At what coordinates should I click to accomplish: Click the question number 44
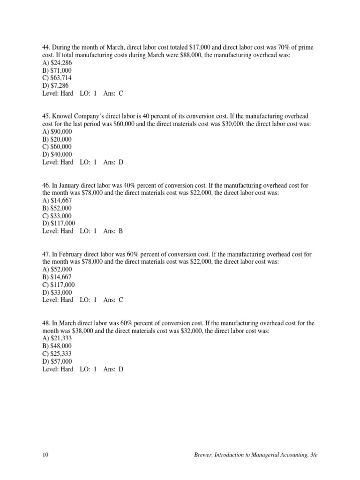tap(45, 47)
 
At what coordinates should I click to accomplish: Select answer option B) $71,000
tap(57, 70)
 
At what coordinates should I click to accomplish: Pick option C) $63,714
tap(57, 78)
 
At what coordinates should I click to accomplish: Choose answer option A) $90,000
tap(57, 132)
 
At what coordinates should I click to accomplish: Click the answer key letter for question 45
tap(121, 162)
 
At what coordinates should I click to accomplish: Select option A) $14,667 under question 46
tap(57, 201)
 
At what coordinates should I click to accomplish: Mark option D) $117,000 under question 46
tap(58, 223)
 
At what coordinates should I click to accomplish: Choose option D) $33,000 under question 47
tap(57, 292)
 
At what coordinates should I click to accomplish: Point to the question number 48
tap(45, 323)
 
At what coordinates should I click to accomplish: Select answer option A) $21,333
tap(57, 338)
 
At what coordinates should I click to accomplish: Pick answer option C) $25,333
tap(57, 353)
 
